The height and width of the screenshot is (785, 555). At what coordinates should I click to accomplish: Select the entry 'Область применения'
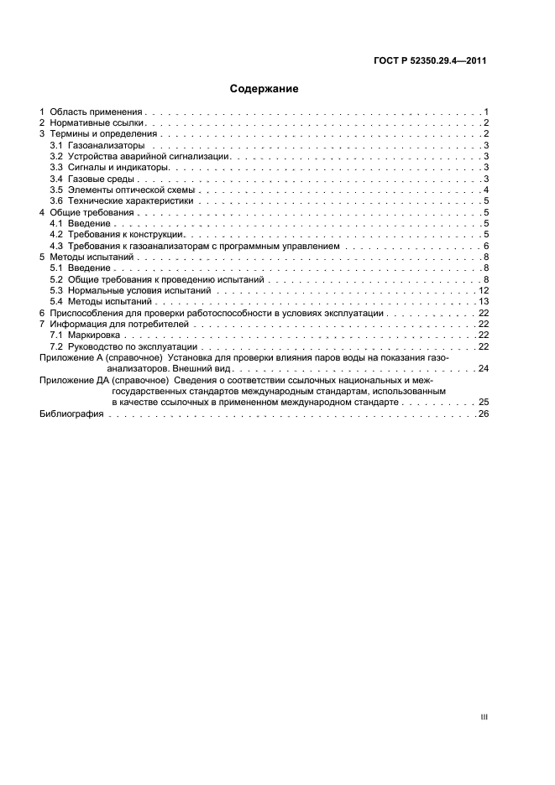coord(97,112)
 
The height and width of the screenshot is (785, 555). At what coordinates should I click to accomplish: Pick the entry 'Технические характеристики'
coord(131,201)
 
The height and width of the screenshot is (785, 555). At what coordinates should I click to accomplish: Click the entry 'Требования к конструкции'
coord(127,234)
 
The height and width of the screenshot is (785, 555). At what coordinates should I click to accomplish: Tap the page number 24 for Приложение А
coord(484,368)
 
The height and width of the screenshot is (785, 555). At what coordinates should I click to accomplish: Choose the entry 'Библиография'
coord(72,414)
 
